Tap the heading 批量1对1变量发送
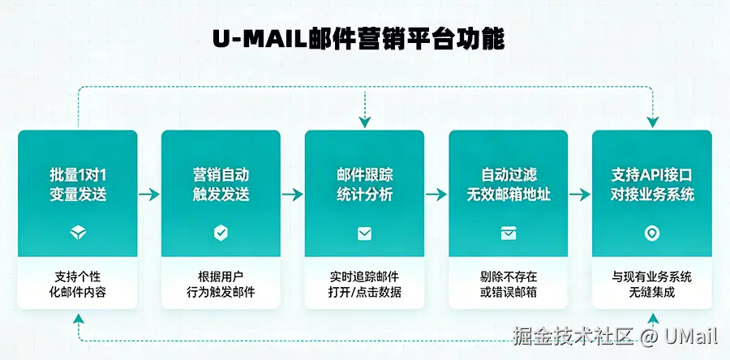click(77, 185)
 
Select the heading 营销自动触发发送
click(221, 185)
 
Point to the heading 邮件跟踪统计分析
click(364, 185)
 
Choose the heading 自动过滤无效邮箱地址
click(508, 185)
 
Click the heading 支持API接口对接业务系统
click(652, 185)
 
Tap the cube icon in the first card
click(77, 234)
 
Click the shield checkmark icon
click(221, 234)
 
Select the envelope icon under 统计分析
click(364, 234)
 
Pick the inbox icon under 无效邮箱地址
click(508, 234)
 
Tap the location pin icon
click(652, 234)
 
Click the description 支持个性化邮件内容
click(77, 284)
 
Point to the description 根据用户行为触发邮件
click(221, 284)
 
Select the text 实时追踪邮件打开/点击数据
click(364, 284)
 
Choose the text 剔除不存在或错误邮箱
click(508, 284)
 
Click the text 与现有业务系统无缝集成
click(652, 284)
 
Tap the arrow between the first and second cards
click(149, 195)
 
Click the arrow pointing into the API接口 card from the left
click(580, 195)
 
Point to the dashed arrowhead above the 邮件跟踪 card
click(365, 122)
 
